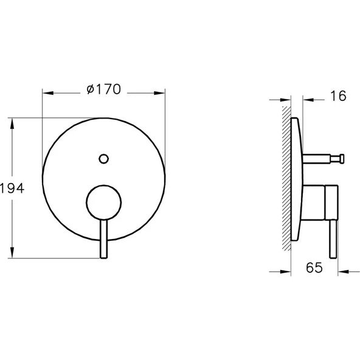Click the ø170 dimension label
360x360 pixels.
103,89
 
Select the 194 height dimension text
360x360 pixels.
12,189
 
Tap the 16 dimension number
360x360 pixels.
338,95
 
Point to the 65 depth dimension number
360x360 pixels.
313,268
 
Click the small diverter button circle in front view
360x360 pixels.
103,159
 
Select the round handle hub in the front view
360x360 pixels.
103,201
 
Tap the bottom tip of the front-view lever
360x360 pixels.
103,255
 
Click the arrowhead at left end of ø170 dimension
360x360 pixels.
46,93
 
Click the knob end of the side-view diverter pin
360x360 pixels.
342,159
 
